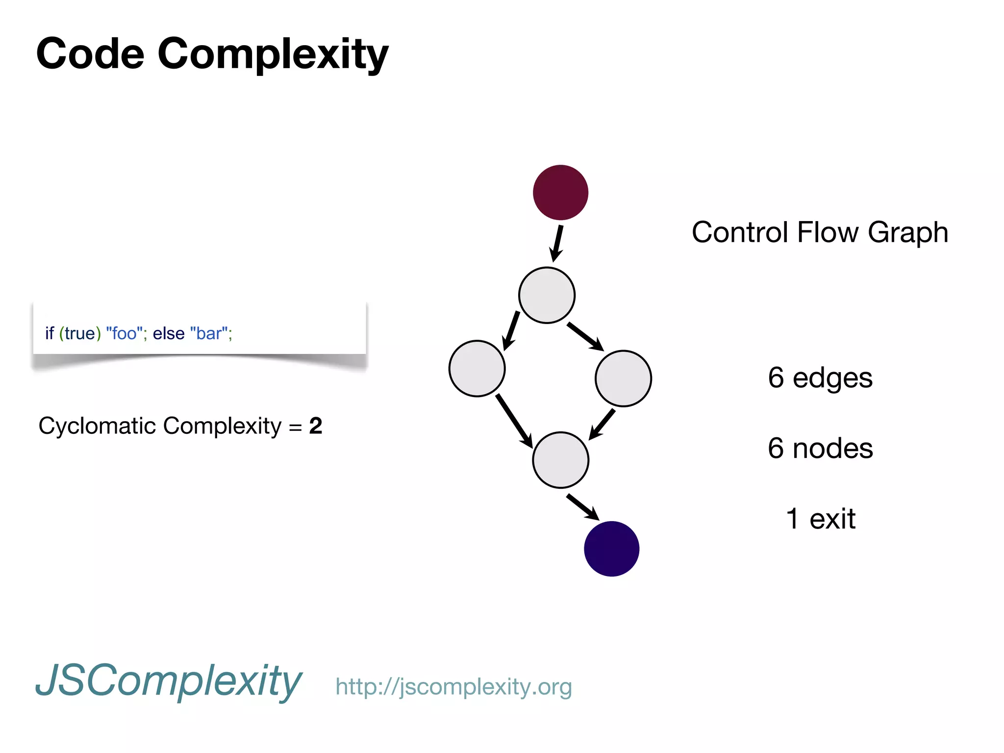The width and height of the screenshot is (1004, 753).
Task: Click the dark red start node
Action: pos(560,192)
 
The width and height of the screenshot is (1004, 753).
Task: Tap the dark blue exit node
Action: pos(611,549)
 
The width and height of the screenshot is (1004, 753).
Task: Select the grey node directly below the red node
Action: pos(547,295)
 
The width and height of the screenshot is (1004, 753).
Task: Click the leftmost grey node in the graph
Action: pos(477,368)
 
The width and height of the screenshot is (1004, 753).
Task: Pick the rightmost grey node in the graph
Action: pos(623,378)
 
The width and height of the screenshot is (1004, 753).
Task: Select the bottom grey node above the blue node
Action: pos(560,460)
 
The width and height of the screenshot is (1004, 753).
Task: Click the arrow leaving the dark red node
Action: pos(557,243)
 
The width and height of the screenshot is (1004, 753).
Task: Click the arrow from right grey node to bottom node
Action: pos(602,424)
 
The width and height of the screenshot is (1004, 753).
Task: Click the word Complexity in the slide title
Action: pos(273,54)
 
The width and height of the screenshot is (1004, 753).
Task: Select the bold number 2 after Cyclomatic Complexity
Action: pos(316,426)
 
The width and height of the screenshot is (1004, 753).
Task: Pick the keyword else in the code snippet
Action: pos(169,333)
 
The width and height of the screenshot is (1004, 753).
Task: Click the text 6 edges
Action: pos(820,377)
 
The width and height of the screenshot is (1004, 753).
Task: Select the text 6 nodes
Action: pos(820,448)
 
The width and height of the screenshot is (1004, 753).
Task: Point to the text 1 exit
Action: pos(820,519)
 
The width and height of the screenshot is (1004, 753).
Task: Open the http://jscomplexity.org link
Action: pos(453,687)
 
